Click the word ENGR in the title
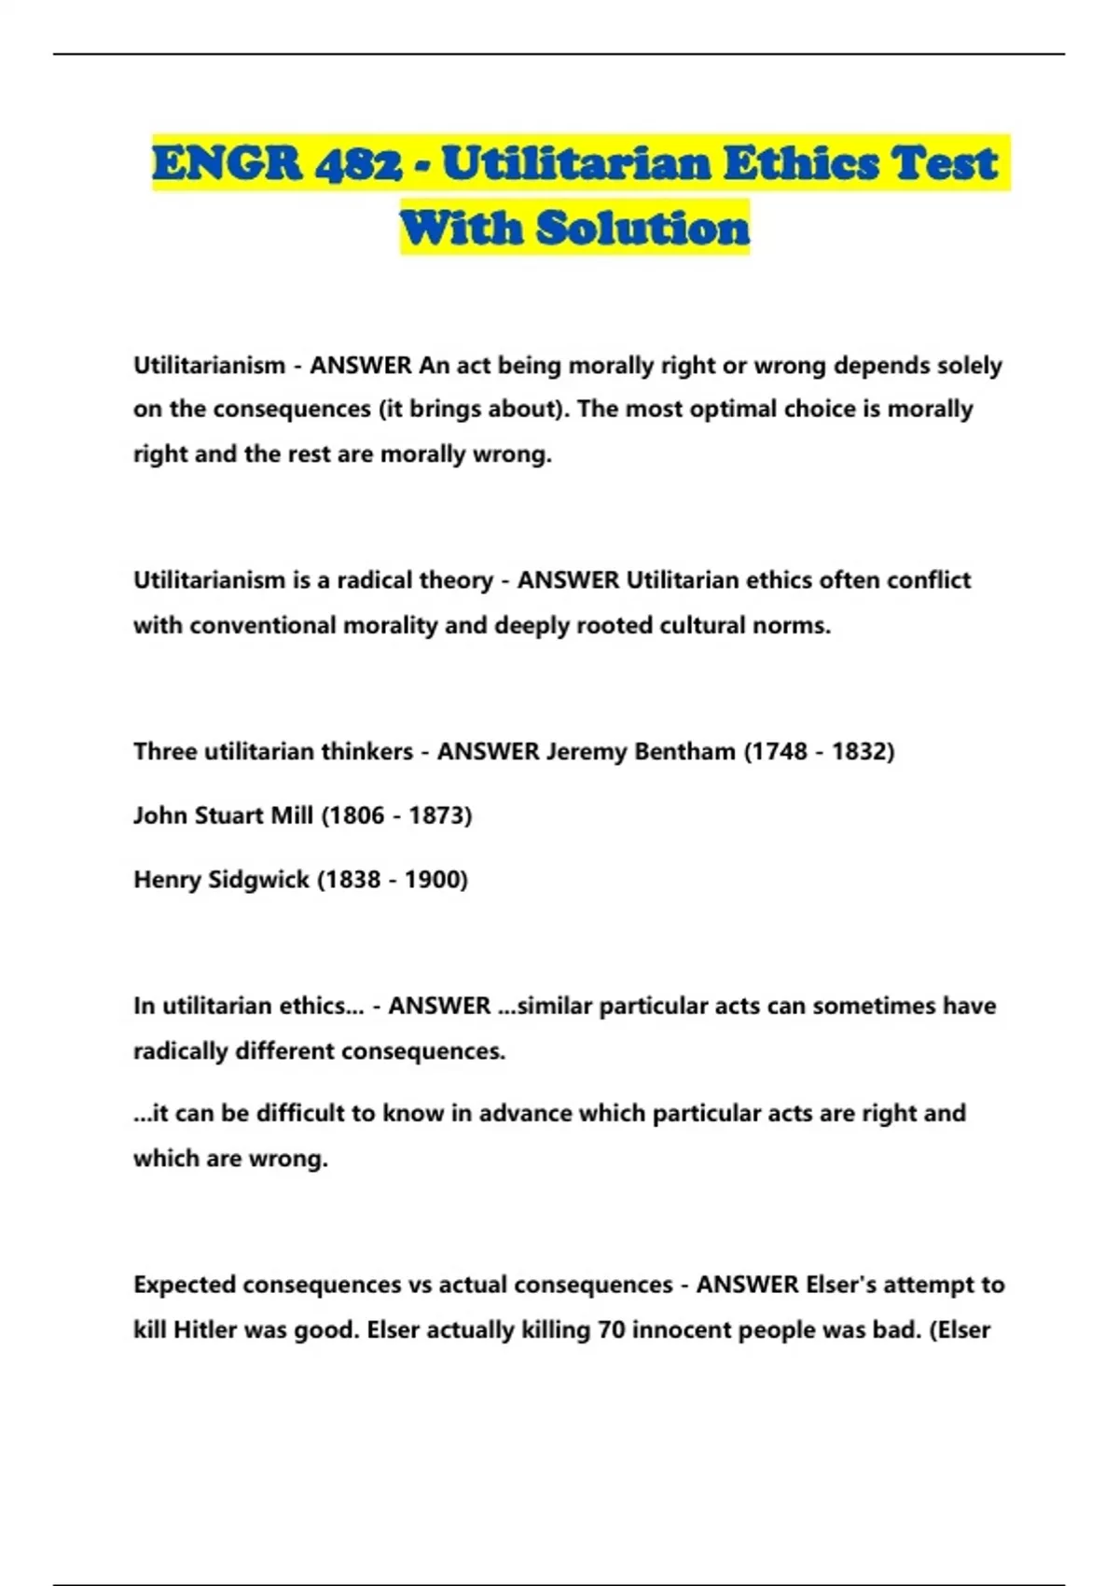click(227, 163)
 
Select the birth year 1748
click(779, 751)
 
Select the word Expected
click(185, 1285)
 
